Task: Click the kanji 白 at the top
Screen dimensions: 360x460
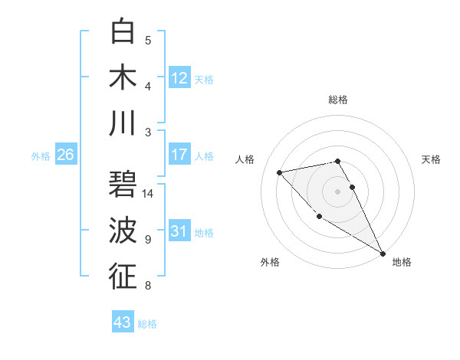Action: tap(123, 31)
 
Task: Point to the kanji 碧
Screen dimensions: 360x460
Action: tap(123, 185)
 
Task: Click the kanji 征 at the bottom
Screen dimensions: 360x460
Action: tap(123, 277)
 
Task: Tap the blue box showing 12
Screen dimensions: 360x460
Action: tap(179, 77)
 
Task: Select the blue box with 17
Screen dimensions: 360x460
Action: tap(179, 155)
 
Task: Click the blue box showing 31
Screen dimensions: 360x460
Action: tap(179, 231)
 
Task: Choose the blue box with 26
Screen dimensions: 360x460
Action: tap(65, 155)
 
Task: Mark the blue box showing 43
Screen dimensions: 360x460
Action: tap(122, 322)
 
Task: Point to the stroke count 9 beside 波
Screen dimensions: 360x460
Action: tap(148, 239)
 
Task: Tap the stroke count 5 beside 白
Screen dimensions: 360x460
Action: tap(148, 41)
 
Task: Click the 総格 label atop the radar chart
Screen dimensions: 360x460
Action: tap(338, 100)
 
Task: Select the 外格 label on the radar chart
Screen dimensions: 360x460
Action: tap(270, 262)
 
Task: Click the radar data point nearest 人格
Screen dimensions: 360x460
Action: tap(280, 172)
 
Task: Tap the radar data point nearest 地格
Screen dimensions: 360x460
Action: tap(383, 254)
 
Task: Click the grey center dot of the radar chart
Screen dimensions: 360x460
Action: tap(337, 191)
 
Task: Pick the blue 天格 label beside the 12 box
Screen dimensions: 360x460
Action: tap(204, 80)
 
